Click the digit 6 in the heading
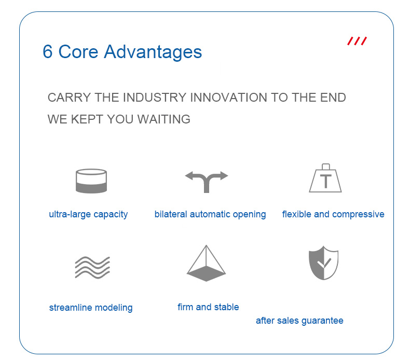pyautogui.click(x=48, y=51)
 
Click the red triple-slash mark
pyautogui.click(x=357, y=41)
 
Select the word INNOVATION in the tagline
pyautogui.click(x=228, y=98)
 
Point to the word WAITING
pyautogui.click(x=163, y=119)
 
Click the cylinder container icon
pyautogui.click(x=91, y=181)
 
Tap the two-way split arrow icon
pyautogui.click(x=207, y=182)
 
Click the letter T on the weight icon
pyautogui.click(x=326, y=181)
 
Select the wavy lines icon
pyautogui.click(x=92, y=268)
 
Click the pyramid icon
pyautogui.click(x=207, y=263)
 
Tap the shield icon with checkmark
pyautogui.click(x=324, y=263)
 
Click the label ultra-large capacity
pyautogui.click(x=88, y=215)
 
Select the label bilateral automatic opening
pyautogui.click(x=210, y=215)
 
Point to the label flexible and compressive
pyautogui.click(x=333, y=215)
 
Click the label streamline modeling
pyautogui.click(x=91, y=308)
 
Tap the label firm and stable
pyautogui.click(x=209, y=307)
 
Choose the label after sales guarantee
pyautogui.click(x=299, y=321)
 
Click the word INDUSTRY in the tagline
pyautogui.click(x=155, y=98)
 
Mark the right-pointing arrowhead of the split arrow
pyautogui.click(x=224, y=176)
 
